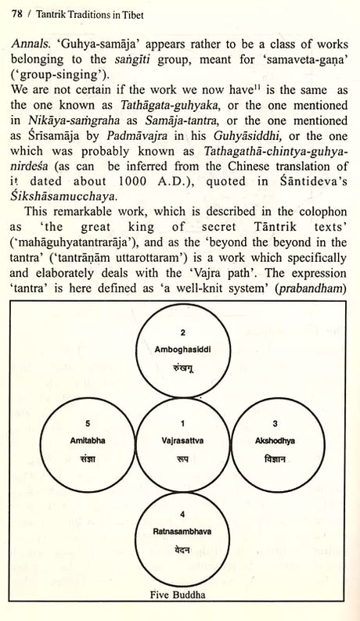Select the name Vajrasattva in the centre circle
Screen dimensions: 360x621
click(x=182, y=439)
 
